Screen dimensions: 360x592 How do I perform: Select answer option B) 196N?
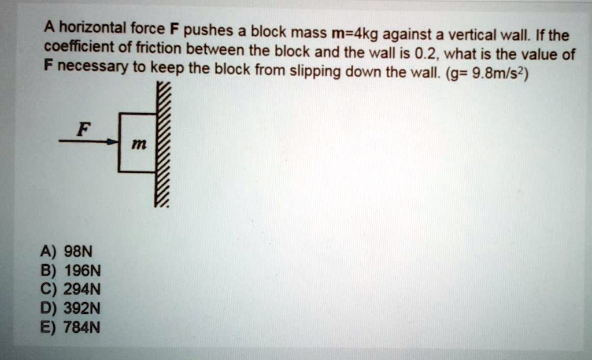pyautogui.click(x=71, y=271)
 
